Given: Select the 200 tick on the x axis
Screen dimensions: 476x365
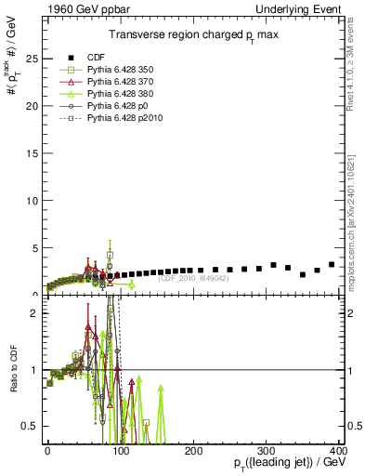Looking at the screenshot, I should [193, 450].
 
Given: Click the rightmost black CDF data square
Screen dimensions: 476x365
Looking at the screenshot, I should [332, 265].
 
